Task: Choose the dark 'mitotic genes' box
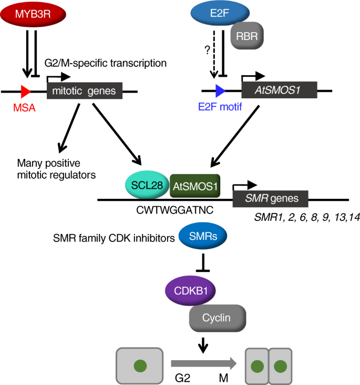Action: pyautogui.click(x=85, y=91)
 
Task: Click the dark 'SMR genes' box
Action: pyautogui.click(x=270, y=199)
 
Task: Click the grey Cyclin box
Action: pyautogui.click(x=217, y=318)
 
